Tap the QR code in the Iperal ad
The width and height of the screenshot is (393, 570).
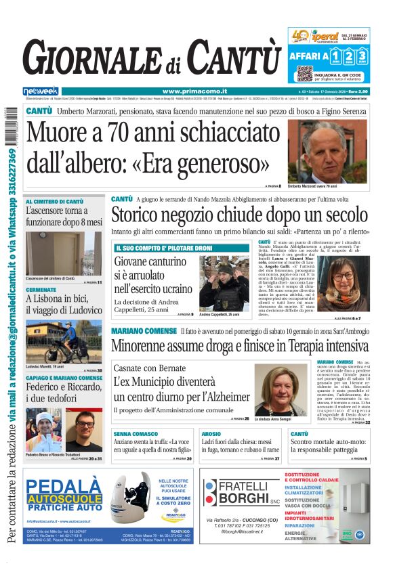[x=304, y=73]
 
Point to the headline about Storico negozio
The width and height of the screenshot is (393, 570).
[x=240, y=216]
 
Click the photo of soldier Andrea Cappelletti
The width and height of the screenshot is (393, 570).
[x=224, y=284]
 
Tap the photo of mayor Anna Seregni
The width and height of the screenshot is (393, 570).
[x=280, y=391]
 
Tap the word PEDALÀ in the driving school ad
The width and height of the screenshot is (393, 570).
[x=66, y=486]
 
